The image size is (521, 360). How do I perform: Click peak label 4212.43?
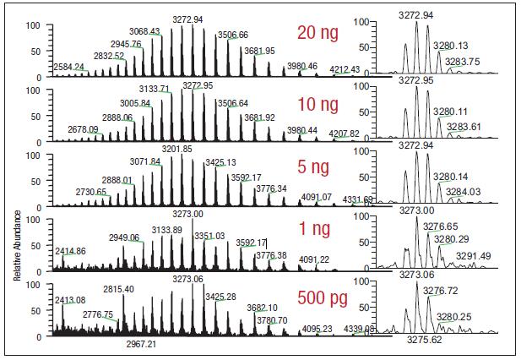(x=345, y=69)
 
